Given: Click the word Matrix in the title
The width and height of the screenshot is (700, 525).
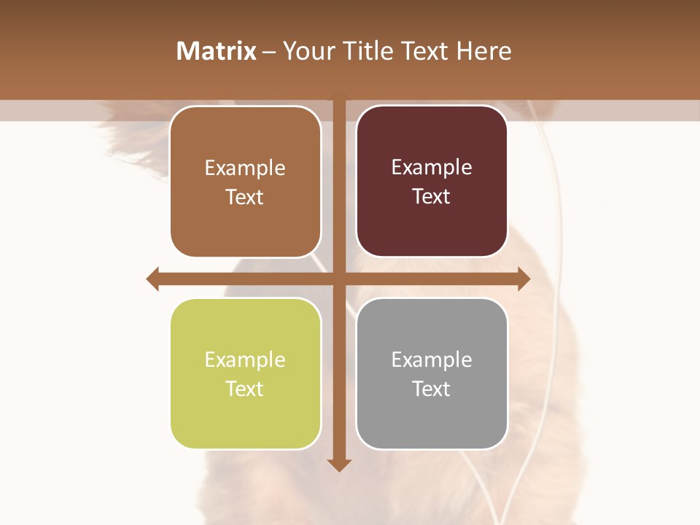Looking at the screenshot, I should click(217, 51).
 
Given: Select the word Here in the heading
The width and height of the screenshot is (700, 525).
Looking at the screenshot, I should click(483, 51).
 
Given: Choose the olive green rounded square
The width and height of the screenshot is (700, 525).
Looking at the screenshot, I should click(245, 416).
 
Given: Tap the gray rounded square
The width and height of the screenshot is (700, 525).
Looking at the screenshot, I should click(432, 416).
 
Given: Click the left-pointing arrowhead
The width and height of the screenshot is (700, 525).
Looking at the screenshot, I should click(153, 279).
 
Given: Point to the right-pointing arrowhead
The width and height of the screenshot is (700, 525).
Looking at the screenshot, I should click(524, 279).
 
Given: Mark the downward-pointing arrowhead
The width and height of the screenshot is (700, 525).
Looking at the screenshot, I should click(339, 464).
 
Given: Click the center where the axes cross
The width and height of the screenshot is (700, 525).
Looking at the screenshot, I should click(339, 279).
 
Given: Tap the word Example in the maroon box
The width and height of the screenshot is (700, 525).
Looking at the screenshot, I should click(432, 168).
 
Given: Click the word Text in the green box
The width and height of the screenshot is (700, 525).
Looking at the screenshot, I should click(245, 389).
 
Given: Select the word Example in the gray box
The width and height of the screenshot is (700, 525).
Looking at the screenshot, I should click(432, 359).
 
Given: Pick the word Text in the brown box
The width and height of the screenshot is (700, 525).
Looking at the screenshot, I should click(245, 197).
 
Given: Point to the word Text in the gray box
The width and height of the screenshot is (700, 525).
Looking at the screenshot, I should click(432, 389).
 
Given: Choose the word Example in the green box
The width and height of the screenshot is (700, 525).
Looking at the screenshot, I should click(245, 359).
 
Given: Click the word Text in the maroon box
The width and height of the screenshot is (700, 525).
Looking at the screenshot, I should click(432, 196).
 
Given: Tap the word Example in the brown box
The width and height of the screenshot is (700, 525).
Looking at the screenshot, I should click(245, 168).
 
